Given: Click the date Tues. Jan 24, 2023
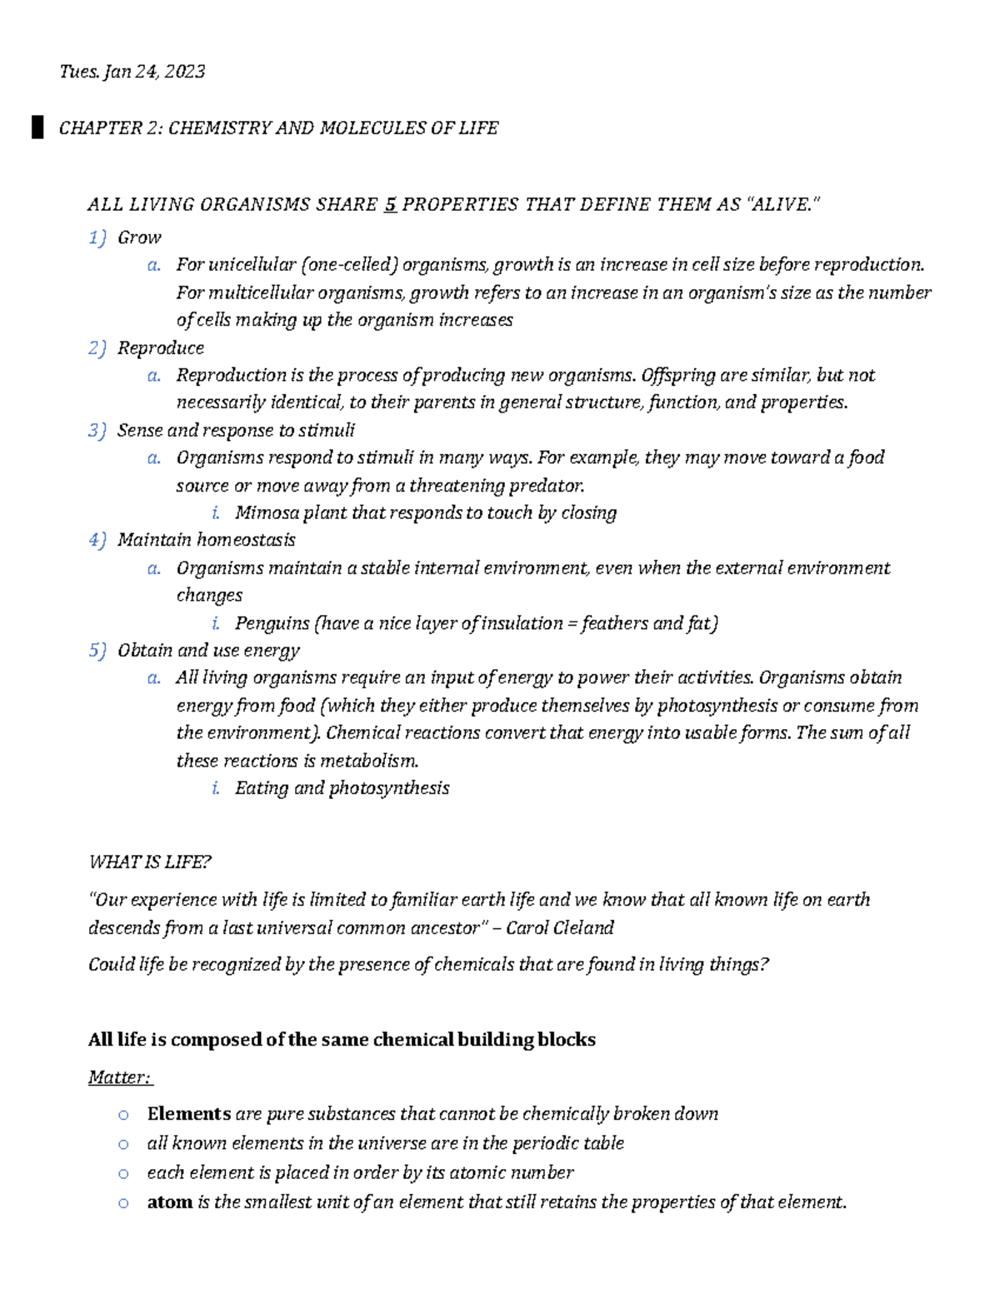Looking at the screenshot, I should (132, 72).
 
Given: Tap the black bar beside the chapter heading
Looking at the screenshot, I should (37, 128).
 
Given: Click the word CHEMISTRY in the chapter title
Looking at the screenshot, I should (220, 128).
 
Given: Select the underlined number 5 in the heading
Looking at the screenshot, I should (390, 205).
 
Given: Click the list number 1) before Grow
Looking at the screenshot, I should (97, 238).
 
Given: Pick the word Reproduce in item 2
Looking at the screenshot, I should (160, 348).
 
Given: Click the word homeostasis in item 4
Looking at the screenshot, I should (246, 541).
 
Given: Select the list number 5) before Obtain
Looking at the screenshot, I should (97, 651).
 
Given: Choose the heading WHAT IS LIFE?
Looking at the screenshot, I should (150, 862).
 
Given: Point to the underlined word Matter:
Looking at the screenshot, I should (120, 1078).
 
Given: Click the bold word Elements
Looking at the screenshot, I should (188, 1115).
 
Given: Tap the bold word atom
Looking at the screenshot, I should (169, 1202).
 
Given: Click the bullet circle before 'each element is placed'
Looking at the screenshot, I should (123, 1174).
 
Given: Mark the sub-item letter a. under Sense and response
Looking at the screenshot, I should (153, 458).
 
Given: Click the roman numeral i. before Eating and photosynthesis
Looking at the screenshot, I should (216, 789).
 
